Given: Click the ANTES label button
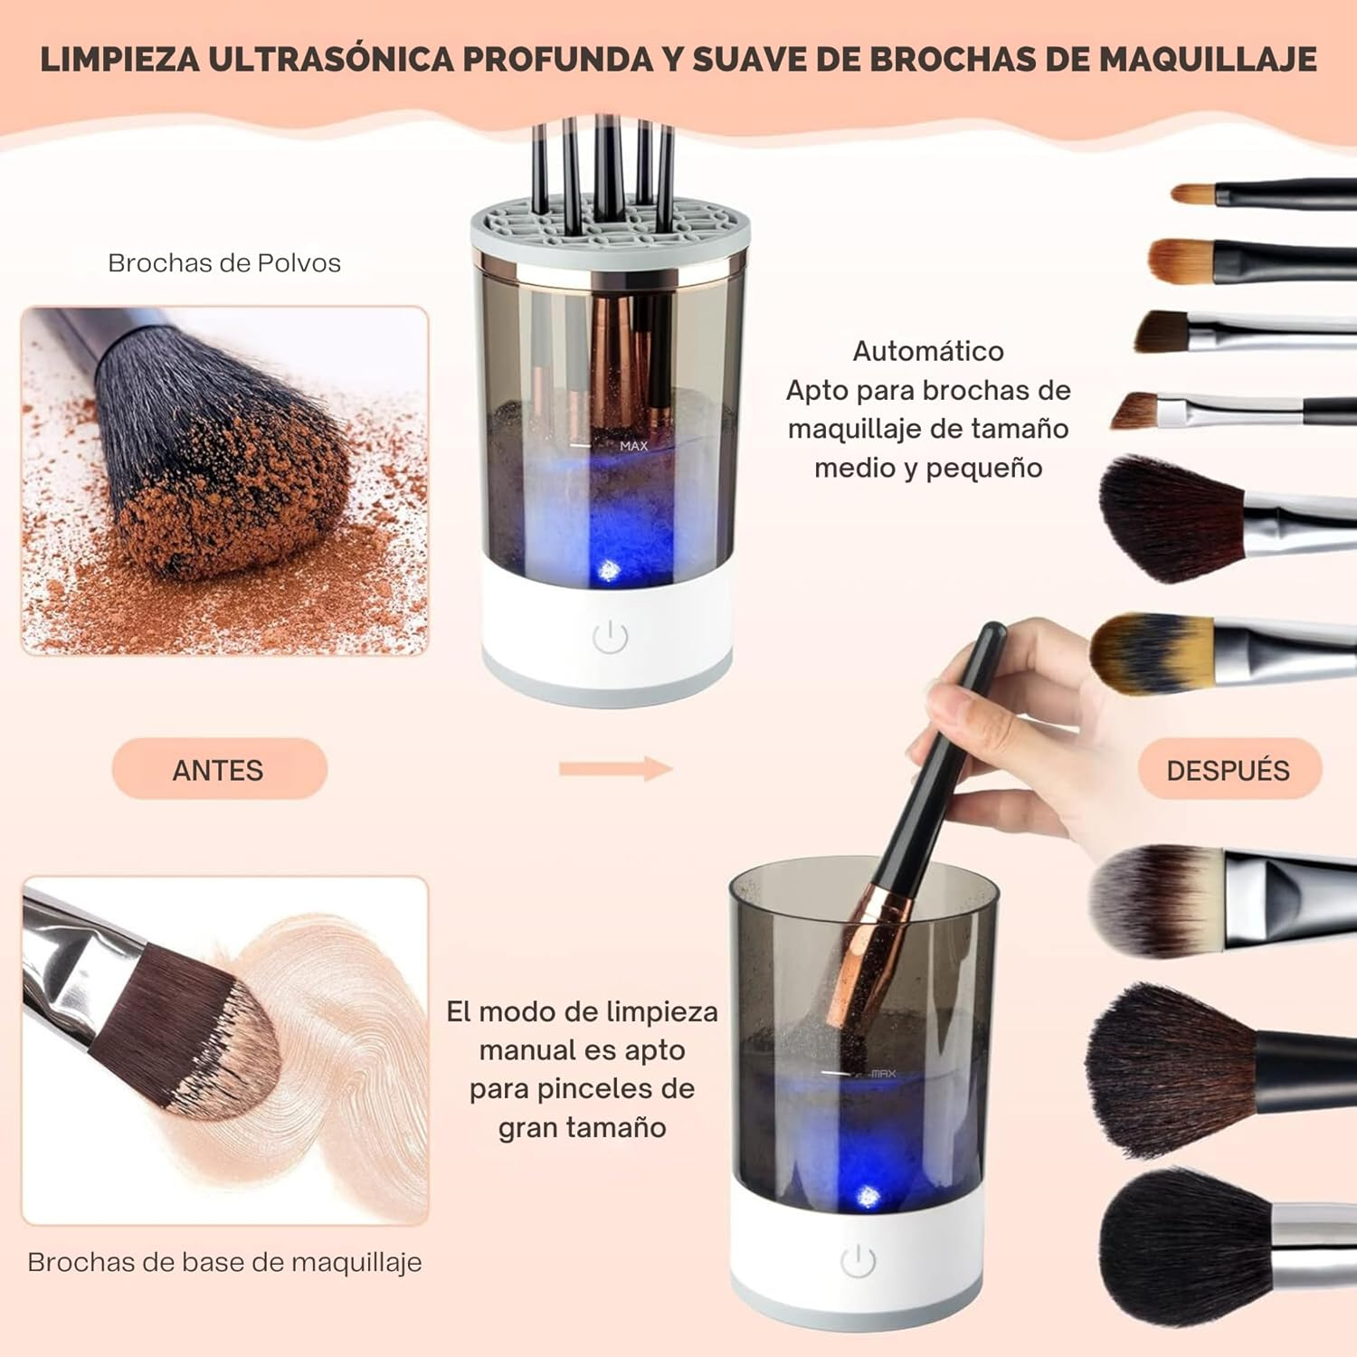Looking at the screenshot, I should tap(219, 769).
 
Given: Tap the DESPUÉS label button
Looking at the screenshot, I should tap(1228, 769).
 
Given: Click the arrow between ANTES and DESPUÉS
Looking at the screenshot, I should tap(615, 769).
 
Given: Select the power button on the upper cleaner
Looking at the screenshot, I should tap(610, 637).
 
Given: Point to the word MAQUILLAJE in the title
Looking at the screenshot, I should tap(1208, 59).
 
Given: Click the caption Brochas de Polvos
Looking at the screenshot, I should tap(224, 263).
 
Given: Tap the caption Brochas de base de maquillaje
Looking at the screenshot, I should tap(224, 1262).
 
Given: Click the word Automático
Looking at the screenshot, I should tap(928, 351).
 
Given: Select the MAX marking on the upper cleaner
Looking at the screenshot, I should tap(633, 446).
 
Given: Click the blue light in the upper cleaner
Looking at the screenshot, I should tap(607, 571).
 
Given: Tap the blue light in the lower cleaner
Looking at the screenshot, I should tap(868, 1196).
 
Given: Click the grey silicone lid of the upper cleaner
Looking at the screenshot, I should tap(610, 226).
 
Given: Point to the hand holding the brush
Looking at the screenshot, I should tap(1013, 724).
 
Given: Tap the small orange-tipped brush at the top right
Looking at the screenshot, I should tap(1194, 194).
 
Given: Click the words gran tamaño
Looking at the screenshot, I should tap(582, 1128).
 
